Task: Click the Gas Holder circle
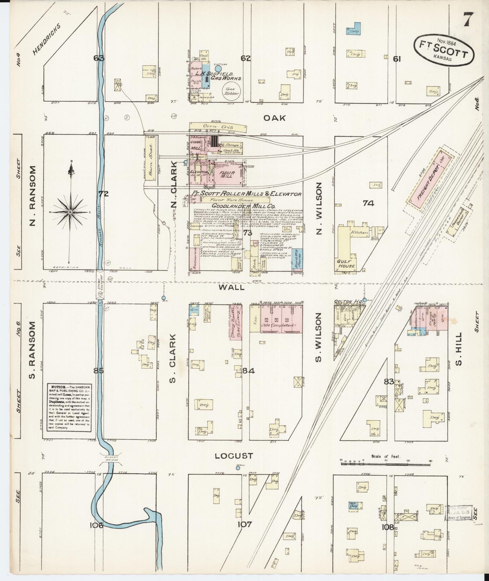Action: pos(231,92)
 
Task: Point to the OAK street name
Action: pos(274,118)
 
